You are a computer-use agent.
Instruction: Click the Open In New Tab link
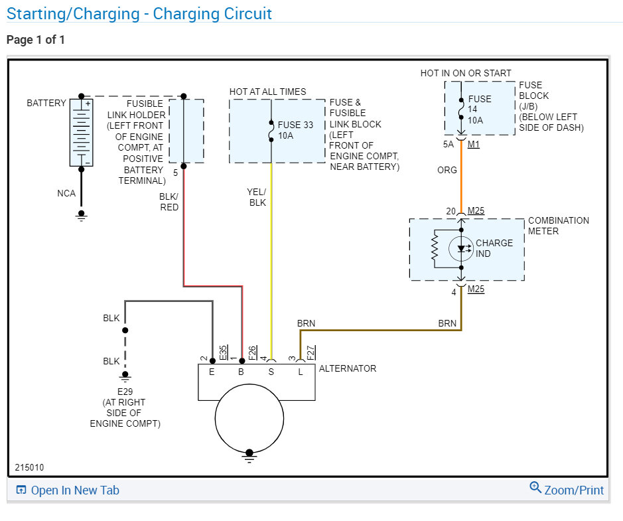(68, 490)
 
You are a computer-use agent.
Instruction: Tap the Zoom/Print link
(567, 489)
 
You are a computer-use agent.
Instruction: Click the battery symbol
(82, 132)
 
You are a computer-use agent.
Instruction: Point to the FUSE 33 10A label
(295, 130)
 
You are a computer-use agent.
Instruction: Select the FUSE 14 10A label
(479, 110)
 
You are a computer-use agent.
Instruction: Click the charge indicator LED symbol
(461, 249)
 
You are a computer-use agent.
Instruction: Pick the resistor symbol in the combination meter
(435, 249)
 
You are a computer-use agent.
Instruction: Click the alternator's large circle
(249, 418)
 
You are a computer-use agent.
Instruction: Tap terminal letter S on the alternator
(271, 372)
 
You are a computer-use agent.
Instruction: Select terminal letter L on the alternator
(301, 372)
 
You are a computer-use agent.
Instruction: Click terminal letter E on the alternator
(212, 372)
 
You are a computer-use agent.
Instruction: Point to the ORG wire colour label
(447, 170)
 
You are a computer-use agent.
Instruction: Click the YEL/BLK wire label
(257, 197)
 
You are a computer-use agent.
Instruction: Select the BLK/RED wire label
(169, 202)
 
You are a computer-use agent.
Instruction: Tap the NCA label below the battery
(66, 194)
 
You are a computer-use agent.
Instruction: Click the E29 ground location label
(125, 408)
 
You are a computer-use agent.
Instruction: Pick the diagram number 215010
(29, 467)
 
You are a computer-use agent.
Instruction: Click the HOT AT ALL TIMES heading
(268, 92)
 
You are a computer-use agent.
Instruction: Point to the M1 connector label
(474, 144)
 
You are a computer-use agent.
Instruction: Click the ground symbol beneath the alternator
(249, 457)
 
